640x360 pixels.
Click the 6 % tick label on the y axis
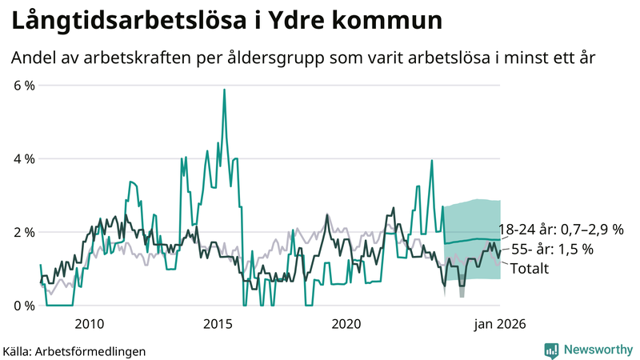pos(23,86)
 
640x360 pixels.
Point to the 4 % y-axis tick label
pos(23,159)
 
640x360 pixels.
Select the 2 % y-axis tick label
pos(23,232)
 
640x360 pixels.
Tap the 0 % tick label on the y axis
pos(23,306)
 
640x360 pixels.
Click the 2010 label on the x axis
pos(89,324)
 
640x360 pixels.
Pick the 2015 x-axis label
pos(218,324)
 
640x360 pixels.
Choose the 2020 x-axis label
pos(346,324)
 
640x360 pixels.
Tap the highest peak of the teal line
pos(224,90)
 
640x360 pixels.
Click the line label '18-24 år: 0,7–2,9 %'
pos(561,230)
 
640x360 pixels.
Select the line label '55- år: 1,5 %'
pos(551,250)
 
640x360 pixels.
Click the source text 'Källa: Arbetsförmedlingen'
pos(74,350)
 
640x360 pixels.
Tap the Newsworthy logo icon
pos(551,350)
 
